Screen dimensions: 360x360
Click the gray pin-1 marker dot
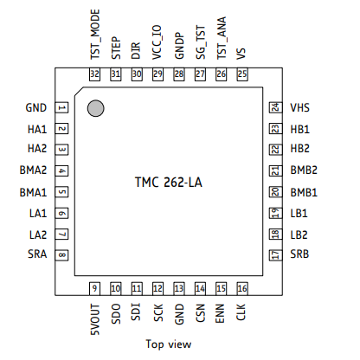click(95, 108)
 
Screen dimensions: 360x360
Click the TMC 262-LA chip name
click(169, 183)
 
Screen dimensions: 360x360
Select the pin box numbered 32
click(94, 74)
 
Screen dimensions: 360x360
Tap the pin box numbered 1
click(61, 108)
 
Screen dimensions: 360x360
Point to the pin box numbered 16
click(242, 288)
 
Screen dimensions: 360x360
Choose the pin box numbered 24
click(276, 107)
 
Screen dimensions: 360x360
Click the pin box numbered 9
click(94, 288)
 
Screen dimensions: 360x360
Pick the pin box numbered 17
click(276, 255)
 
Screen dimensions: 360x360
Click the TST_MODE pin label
click(95, 35)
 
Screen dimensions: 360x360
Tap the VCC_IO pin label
click(157, 42)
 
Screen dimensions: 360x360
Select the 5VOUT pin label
click(95, 319)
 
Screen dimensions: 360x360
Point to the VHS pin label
click(299, 108)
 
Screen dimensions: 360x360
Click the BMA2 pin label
click(33, 170)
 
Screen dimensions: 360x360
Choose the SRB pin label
click(299, 254)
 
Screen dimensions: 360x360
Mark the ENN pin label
click(220, 313)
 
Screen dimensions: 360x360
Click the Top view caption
click(169, 344)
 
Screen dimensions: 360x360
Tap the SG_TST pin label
click(200, 42)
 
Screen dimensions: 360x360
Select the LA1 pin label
click(38, 214)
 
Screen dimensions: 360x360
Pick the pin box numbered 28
click(179, 74)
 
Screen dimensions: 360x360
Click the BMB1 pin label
click(304, 192)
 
